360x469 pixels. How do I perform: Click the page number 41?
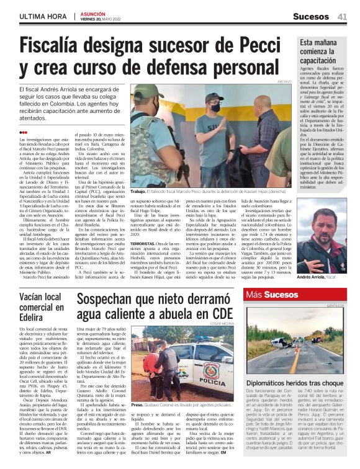[x=342, y=17]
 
